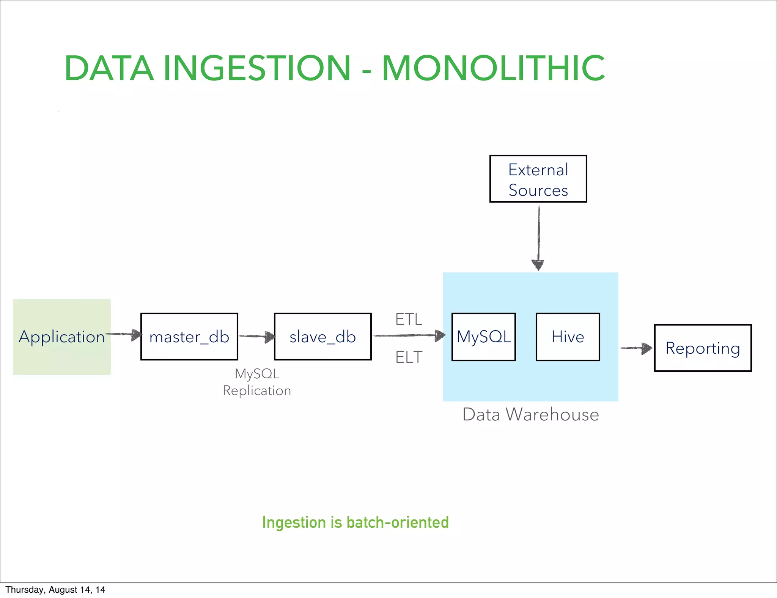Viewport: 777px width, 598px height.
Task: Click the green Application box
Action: point(61,337)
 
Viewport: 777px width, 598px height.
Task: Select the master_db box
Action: point(189,337)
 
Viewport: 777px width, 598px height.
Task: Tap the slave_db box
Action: point(322,337)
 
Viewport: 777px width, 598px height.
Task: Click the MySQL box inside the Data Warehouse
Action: point(483,337)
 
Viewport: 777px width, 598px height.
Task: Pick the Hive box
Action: point(568,337)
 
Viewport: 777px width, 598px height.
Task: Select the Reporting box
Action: point(703,348)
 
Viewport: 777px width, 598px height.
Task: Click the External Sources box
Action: point(538,179)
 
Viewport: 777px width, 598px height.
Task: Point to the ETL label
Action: point(409,319)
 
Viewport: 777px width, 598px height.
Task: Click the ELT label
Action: point(409,357)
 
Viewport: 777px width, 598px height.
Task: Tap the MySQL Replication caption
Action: point(257,382)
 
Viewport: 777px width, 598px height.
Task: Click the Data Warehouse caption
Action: point(530,414)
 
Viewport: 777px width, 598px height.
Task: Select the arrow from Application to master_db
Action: point(124,335)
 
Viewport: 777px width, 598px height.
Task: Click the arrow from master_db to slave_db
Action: point(257,336)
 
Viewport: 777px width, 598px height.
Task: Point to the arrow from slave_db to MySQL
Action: point(409,335)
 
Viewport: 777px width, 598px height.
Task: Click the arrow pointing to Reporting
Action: point(637,348)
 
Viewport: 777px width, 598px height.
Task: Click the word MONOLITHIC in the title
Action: point(493,69)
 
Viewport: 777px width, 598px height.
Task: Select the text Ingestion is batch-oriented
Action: point(355,522)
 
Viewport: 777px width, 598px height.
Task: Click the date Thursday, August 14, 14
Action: point(55,590)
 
